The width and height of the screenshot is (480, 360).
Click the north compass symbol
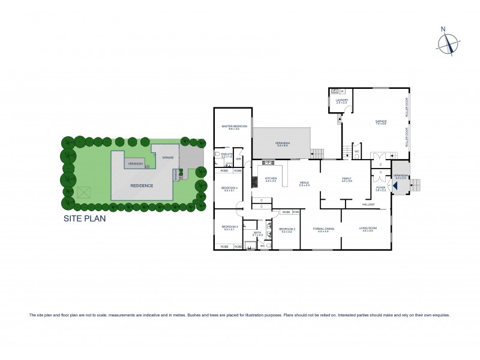[x=448, y=44]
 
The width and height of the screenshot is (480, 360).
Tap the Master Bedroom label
[x=234, y=127]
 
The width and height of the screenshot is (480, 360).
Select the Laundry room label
[x=342, y=101]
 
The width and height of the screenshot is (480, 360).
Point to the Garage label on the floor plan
[x=381, y=122]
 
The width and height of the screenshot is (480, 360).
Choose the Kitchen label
[x=271, y=179]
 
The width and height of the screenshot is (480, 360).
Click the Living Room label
[x=367, y=229]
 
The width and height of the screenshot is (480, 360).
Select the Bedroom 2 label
[x=286, y=229]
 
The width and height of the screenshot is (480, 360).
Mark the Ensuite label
[x=227, y=155]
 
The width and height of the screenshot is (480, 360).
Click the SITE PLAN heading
[x=85, y=219]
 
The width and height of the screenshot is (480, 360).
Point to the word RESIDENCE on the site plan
[x=142, y=186]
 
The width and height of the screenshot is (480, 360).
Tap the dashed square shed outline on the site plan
[x=83, y=192]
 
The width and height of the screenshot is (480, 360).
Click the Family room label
[x=346, y=179]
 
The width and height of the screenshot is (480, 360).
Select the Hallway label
[x=368, y=205]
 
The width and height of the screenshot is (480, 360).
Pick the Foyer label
[x=380, y=188]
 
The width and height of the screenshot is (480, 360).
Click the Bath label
[x=257, y=233]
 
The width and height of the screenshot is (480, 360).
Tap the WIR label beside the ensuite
[x=238, y=159]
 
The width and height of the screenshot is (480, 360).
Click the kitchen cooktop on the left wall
[x=254, y=181]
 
